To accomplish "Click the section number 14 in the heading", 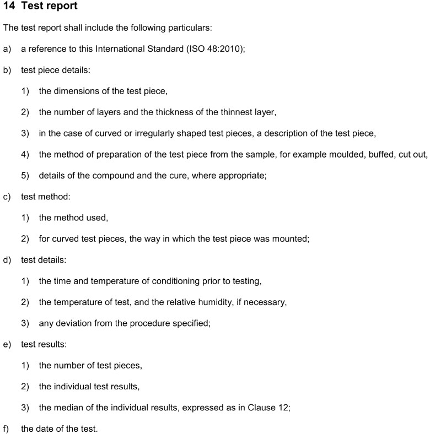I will click(x=8, y=7).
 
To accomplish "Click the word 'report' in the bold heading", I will click(x=60, y=7).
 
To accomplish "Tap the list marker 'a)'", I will click(x=7, y=49).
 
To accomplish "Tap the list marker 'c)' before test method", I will click(x=7, y=197).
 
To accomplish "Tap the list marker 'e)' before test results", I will click(x=7, y=344).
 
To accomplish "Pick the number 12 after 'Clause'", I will click(x=283, y=408).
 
